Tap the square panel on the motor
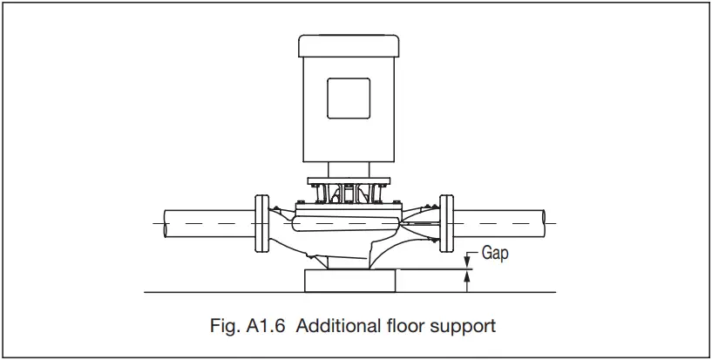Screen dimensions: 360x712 pos(348,98)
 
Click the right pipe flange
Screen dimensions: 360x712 pos(447,224)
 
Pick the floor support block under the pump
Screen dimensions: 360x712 pos(348,281)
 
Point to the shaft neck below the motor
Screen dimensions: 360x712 pos(348,171)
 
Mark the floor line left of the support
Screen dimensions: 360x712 pos(218,291)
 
